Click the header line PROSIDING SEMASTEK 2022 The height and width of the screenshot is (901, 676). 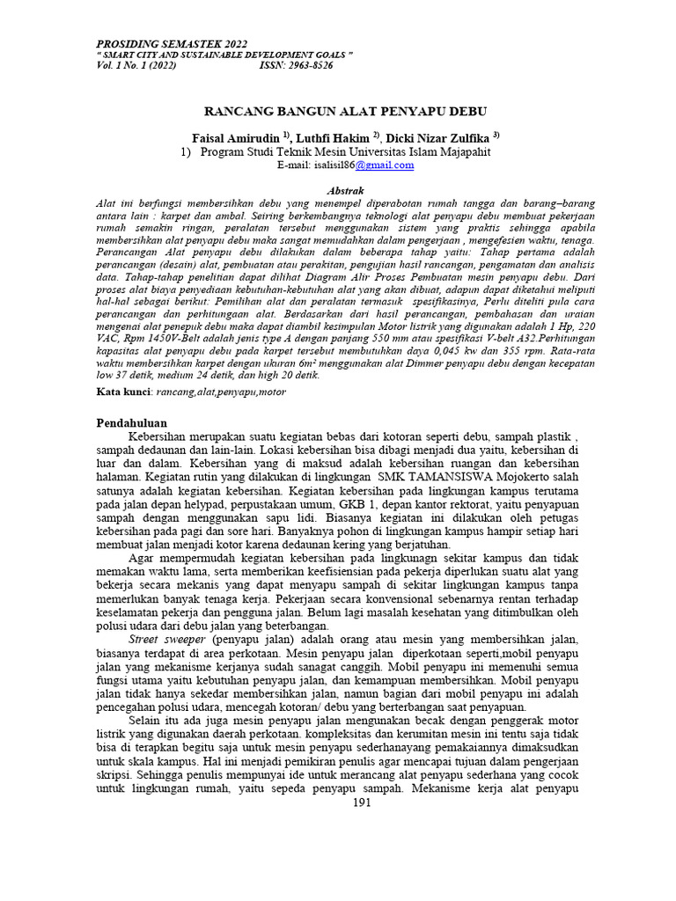pos(172,43)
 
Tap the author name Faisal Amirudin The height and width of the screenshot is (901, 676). pos(235,138)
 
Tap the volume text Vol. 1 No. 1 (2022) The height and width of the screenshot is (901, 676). pos(136,65)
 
